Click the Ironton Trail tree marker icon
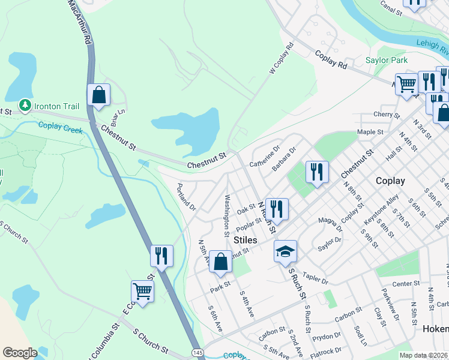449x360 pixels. click(25, 106)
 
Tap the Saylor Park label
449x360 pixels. click(387, 61)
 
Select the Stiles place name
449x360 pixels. click(245, 240)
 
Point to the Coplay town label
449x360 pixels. click(390, 181)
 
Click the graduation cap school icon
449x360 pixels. click(286, 252)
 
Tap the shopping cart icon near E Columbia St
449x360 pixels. click(143, 292)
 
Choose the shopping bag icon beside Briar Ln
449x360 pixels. click(98, 96)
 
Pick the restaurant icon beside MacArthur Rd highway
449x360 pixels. click(161, 257)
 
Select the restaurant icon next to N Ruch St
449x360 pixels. click(277, 210)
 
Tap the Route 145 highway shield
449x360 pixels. click(196, 350)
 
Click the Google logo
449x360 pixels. click(20, 353)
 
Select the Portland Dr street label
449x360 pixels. click(186, 197)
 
